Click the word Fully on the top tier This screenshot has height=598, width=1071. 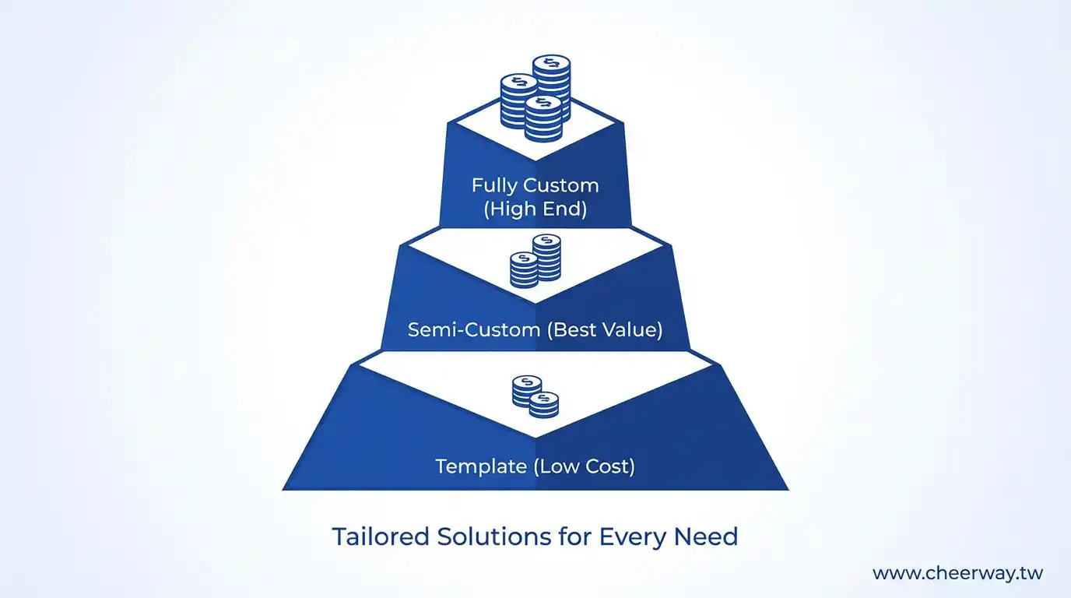(496, 186)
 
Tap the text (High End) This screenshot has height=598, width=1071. (535, 209)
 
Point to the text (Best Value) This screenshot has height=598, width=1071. (604, 329)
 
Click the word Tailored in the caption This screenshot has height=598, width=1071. (381, 537)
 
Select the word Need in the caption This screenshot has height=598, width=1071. (708, 537)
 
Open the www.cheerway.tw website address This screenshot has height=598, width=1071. (957, 574)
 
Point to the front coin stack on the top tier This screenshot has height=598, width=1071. (543, 118)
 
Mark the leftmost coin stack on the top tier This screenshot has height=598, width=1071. (518, 101)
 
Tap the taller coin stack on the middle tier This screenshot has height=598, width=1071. (546, 257)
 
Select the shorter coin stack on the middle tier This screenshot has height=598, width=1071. (524, 269)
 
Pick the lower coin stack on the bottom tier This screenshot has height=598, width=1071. (543, 404)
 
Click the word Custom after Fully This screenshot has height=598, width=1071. (560, 186)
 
